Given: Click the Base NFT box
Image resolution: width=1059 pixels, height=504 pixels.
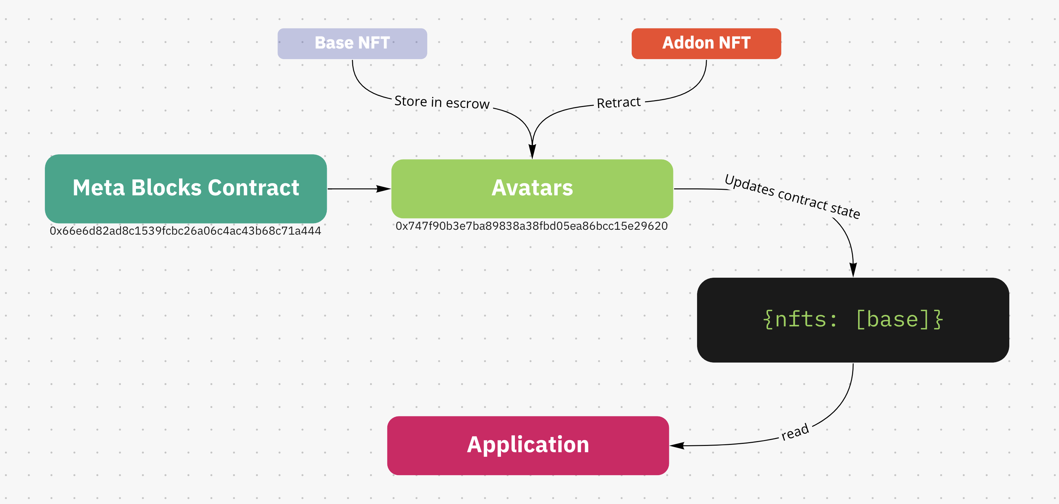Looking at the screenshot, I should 352,43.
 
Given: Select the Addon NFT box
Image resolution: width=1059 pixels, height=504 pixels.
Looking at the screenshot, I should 706,43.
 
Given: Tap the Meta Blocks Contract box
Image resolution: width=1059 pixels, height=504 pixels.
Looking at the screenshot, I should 185,189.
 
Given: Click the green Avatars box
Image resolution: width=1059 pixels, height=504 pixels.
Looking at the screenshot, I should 532,189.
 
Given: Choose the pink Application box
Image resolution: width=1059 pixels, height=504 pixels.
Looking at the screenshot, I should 527,445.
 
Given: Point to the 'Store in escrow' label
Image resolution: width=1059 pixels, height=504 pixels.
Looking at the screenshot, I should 442,102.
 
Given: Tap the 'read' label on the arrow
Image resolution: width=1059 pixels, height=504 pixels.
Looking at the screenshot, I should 795,432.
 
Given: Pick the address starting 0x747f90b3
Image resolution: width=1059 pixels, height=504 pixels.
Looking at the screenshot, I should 531,226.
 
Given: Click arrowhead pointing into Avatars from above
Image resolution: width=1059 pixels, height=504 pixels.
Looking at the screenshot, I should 532,152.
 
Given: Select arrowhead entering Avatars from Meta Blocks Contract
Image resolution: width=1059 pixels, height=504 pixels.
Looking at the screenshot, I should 383,189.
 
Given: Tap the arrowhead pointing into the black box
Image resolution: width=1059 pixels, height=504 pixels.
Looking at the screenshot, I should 853,270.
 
